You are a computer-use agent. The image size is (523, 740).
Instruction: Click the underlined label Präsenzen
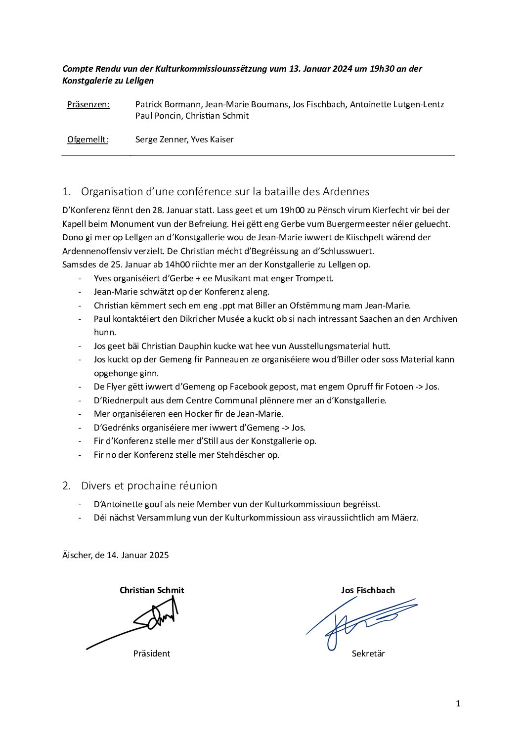point(88,104)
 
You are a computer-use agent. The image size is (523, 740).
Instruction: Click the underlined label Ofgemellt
point(87,139)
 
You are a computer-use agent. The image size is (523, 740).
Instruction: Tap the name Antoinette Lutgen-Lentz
point(397,104)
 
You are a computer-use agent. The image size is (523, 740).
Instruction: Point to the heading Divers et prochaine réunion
point(149,486)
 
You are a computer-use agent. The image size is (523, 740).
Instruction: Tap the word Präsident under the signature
point(151,653)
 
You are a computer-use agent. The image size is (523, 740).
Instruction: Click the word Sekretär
point(368,653)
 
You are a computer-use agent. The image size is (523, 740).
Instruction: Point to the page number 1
point(458,703)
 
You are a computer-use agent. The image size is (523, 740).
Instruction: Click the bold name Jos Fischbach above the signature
point(368,590)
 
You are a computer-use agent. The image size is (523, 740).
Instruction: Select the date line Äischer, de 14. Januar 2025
point(116,555)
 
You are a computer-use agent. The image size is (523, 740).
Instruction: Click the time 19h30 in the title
point(382,69)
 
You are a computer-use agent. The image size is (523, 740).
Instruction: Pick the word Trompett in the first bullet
point(314,278)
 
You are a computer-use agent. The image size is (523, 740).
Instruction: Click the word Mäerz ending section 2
point(404,518)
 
